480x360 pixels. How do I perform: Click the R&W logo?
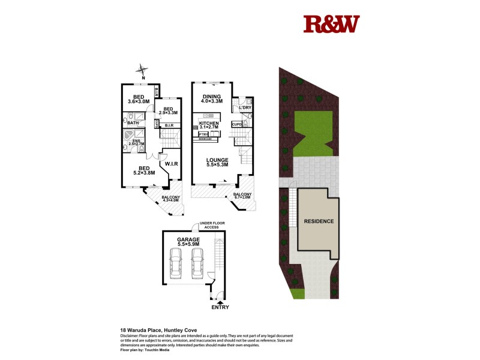331,24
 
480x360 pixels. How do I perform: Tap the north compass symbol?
143,70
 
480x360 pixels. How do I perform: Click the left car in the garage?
177,262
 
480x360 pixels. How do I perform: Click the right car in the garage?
197,262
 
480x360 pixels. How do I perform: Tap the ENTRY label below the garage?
220,308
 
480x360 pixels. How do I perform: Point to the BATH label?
133,123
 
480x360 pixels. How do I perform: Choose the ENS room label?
137,142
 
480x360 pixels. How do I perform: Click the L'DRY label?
245,108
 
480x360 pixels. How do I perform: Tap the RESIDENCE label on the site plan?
319,221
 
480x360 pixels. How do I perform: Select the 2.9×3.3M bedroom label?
168,110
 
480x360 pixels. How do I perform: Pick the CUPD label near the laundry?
236,125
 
